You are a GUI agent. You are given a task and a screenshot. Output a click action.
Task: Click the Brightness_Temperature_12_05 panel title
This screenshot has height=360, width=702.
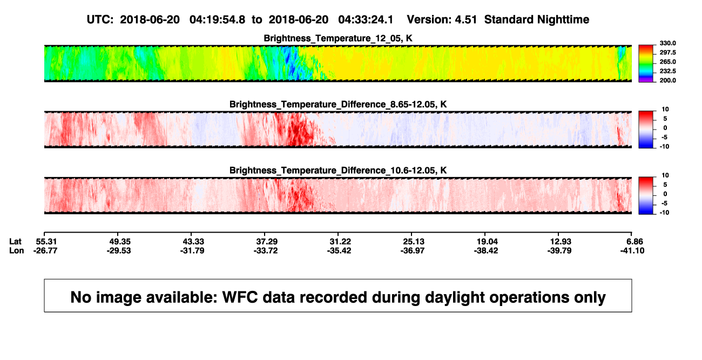point(338,38)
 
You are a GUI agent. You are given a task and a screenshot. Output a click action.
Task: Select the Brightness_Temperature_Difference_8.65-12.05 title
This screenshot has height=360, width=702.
point(338,104)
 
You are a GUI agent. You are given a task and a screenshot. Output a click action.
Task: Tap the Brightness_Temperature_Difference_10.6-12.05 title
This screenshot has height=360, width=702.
point(338,171)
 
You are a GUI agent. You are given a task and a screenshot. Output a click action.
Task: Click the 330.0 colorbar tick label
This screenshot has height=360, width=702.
point(667,43)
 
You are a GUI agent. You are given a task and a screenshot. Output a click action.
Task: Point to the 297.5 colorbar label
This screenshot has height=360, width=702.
point(667,52)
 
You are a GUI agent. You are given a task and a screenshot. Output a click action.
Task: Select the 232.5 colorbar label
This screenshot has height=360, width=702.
point(667,71)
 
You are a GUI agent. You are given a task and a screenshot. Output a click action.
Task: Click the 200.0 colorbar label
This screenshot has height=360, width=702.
point(667,80)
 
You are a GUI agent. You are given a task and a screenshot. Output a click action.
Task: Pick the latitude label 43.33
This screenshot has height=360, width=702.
point(193,242)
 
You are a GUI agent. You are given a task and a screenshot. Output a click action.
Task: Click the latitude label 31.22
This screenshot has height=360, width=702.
point(340,242)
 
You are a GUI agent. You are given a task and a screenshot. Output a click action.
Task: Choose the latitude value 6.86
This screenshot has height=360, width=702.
point(634,242)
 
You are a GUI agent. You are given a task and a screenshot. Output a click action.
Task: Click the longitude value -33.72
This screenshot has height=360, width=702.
point(266,250)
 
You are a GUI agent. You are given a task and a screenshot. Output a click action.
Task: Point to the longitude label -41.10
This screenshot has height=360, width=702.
point(632,250)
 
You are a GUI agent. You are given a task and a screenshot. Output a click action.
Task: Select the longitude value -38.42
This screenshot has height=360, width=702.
point(486,250)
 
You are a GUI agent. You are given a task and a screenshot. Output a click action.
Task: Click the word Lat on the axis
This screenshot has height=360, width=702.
point(15,242)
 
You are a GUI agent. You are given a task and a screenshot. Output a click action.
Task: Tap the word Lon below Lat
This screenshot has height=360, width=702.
point(16,250)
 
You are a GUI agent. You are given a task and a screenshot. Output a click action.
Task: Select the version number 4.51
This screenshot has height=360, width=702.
point(465,20)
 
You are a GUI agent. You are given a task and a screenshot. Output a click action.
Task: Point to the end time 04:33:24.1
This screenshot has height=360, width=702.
point(366,20)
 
